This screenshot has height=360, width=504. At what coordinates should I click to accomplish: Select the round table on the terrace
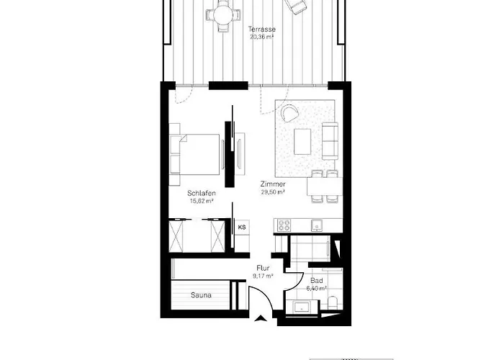(221, 14)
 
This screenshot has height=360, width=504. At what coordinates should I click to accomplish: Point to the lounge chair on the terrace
(294, 5)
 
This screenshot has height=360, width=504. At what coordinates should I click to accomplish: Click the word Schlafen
(202, 194)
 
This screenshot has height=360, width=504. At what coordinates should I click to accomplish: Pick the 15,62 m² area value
(202, 201)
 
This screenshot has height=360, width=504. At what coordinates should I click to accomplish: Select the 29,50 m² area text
(273, 192)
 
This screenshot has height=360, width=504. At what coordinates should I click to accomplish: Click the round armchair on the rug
(289, 114)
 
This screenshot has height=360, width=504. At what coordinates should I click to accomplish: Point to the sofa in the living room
(330, 141)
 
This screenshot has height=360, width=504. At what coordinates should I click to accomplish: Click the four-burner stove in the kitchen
(282, 225)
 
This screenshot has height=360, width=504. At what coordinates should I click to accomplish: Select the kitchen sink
(315, 226)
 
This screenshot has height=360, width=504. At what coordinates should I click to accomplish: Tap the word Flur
(263, 268)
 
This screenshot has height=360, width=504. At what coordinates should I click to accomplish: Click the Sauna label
(201, 294)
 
